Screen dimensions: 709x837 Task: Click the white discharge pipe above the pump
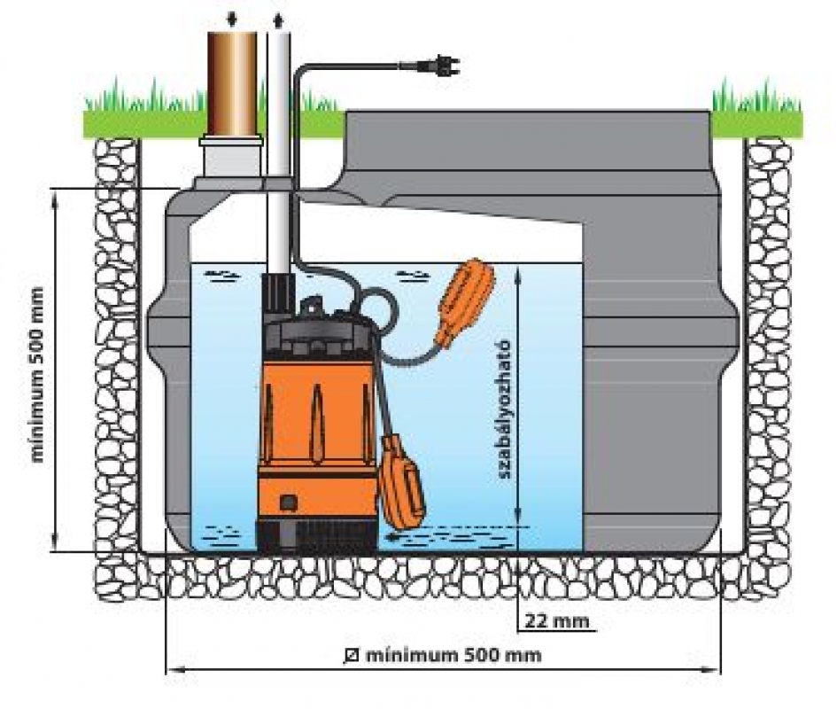point(280,160)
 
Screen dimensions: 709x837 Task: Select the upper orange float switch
point(462,298)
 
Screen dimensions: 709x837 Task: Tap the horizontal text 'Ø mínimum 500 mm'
point(443,656)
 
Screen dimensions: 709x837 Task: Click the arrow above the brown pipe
point(232,17)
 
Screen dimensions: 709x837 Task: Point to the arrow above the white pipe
point(280,17)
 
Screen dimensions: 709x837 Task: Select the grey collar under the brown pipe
point(231,160)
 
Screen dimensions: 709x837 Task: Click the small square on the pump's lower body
point(287,503)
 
